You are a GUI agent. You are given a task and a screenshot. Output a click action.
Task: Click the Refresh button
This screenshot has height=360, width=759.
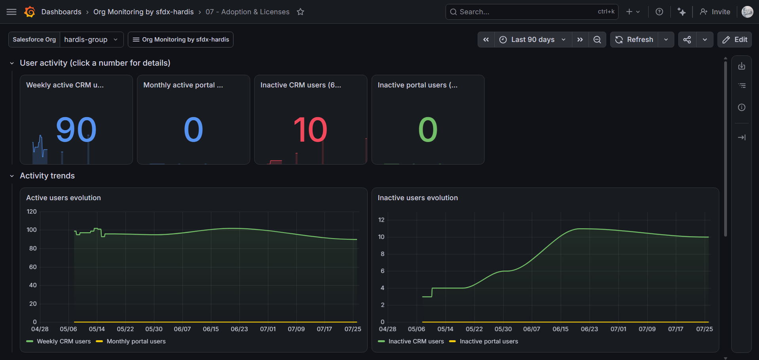click(634, 40)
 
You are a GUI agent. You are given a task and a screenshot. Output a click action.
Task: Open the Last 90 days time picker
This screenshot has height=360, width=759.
click(533, 40)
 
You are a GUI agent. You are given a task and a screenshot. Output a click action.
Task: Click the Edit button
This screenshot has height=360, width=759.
click(734, 40)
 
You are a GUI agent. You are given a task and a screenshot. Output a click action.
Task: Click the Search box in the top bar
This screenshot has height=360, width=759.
click(532, 12)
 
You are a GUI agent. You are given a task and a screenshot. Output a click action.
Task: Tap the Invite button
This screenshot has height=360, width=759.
click(715, 12)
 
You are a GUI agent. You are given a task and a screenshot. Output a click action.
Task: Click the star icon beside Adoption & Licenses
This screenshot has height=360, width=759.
click(301, 12)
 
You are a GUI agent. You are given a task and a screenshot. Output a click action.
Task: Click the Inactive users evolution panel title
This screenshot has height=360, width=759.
click(417, 198)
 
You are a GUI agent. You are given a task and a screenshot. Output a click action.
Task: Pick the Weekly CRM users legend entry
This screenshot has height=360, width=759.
click(59, 341)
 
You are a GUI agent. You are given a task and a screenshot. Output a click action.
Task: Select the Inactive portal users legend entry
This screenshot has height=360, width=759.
click(484, 341)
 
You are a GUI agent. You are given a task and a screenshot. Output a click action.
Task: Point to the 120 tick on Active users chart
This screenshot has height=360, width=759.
click(32, 212)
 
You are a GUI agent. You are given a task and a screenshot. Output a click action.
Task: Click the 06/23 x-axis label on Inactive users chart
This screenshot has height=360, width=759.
click(589, 329)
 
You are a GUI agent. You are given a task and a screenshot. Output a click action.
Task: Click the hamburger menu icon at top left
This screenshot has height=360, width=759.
click(11, 12)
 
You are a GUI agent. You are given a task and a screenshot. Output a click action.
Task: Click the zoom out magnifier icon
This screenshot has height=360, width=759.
click(597, 40)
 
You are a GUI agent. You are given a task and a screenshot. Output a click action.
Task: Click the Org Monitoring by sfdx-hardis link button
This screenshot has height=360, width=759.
click(180, 40)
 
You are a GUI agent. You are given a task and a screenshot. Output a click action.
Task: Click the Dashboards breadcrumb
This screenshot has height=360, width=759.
click(61, 12)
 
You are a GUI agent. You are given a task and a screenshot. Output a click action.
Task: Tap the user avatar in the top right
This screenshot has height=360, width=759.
click(747, 12)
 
